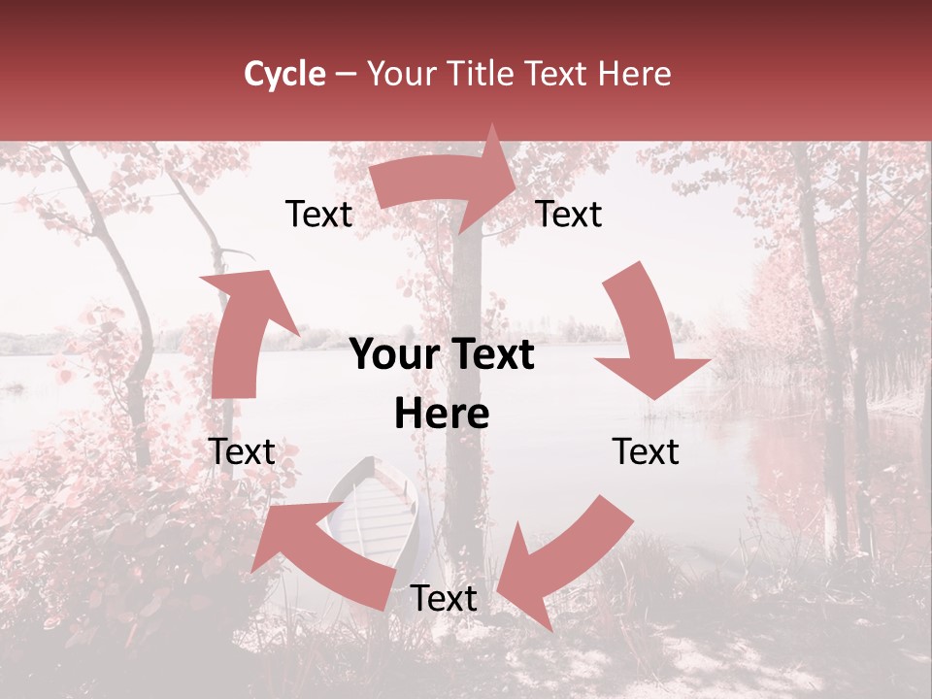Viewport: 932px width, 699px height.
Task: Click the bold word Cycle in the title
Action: [x=284, y=74]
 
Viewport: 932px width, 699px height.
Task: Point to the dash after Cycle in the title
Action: [x=345, y=75]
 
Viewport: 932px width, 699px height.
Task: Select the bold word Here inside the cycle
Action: [x=442, y=415]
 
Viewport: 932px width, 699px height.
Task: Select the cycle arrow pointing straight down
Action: [x=648, y=335]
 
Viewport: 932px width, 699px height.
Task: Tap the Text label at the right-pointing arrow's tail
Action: [x=318, y=215]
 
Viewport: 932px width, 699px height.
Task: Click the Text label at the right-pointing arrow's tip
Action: [x=569, y=214]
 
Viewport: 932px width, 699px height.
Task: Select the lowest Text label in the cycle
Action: [x=444, y=599]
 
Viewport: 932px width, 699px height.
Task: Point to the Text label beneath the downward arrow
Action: [x=646, y=451]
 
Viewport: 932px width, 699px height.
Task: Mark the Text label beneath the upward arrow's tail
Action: [x=242, y=451]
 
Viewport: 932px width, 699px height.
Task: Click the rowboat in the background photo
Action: [x=374, y=510]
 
